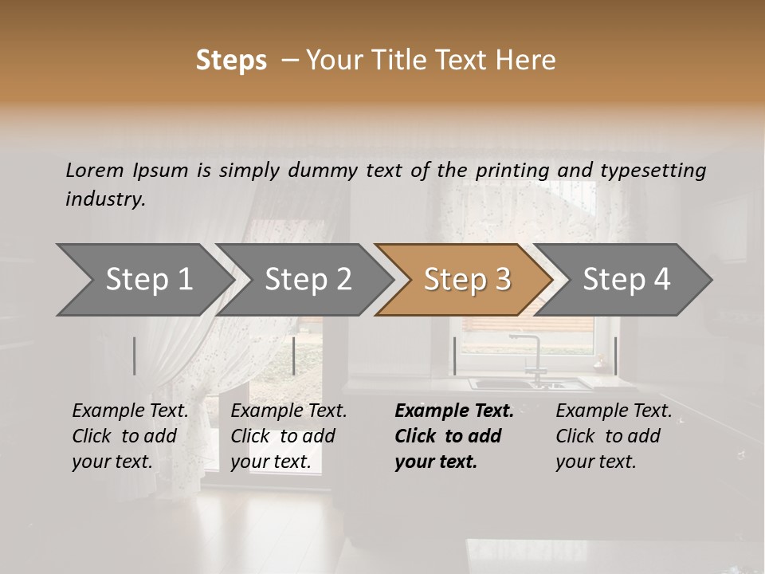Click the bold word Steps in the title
click(231, 61)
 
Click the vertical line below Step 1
click(135, 356)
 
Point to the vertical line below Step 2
click(294, 356)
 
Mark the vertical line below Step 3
click(454, 356)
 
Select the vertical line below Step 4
click(615, 356)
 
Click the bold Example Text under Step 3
click(454, 411)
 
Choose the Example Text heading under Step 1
click(130, 411)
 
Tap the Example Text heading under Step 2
click(288, 411)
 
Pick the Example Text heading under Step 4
click(614, 411)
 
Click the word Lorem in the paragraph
click(95, 170)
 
